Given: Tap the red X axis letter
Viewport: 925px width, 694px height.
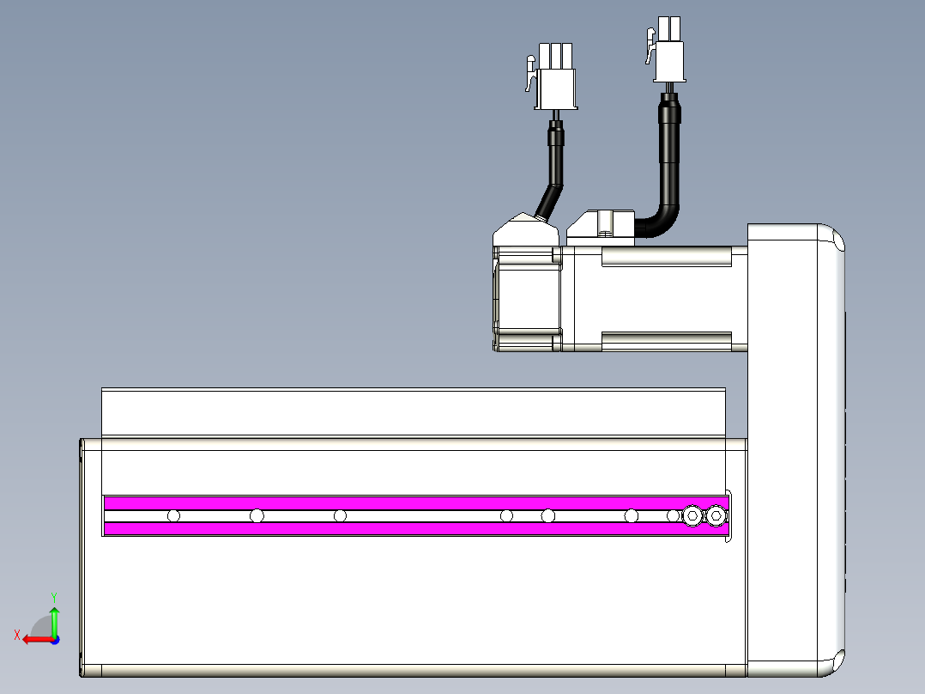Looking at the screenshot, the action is [x=17, y=636].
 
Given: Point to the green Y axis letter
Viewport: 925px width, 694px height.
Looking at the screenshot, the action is [x=54, y=598].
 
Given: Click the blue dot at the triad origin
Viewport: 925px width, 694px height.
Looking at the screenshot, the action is [x=55, y=640].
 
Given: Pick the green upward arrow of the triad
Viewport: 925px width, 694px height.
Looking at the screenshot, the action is [x=54, y=621].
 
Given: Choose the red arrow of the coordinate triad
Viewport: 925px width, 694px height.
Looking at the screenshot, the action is [x=38, y=640].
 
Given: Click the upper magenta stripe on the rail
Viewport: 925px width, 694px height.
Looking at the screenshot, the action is [x=416, y=502].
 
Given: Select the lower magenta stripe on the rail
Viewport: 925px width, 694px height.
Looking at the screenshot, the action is [x=416, y=528].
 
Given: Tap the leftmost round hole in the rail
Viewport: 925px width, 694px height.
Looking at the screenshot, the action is [x=173, y=515].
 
